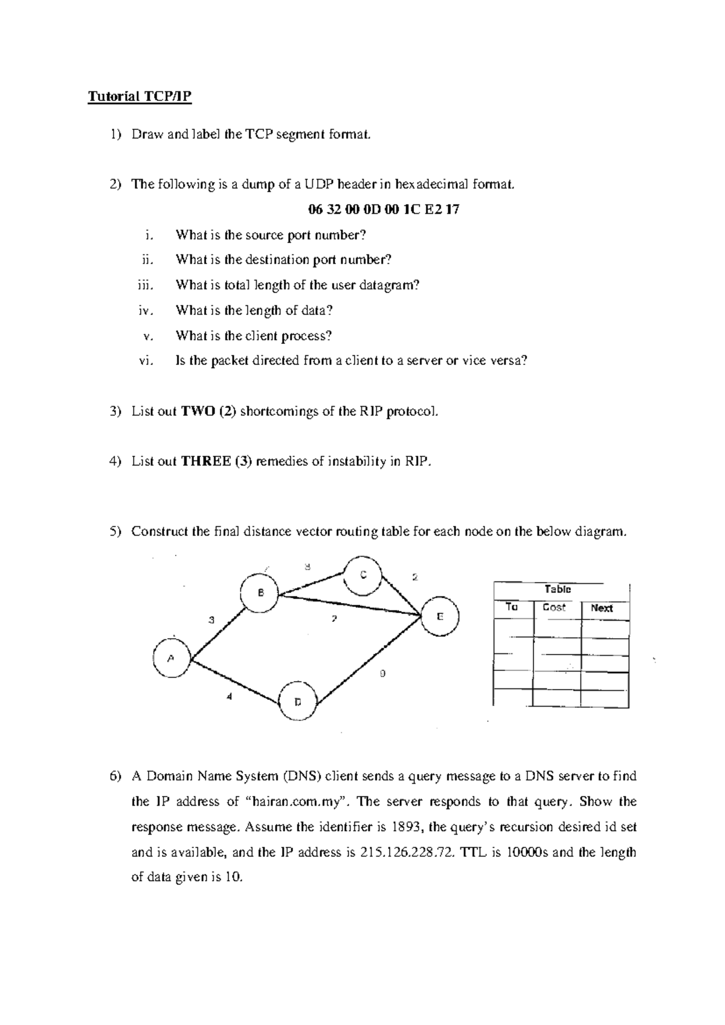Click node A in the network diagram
(172, 658)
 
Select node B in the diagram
(260, 592)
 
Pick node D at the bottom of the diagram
(298, 701)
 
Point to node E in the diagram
(440, 616)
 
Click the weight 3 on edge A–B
(211, 619)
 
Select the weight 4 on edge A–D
(229, 696)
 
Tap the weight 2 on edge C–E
(414, 577)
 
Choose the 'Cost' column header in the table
(554, 607)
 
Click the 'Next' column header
(602, 608)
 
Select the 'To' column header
(512, 607)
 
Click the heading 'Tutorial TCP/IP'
(140, 97)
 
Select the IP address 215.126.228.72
(405, 852)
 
